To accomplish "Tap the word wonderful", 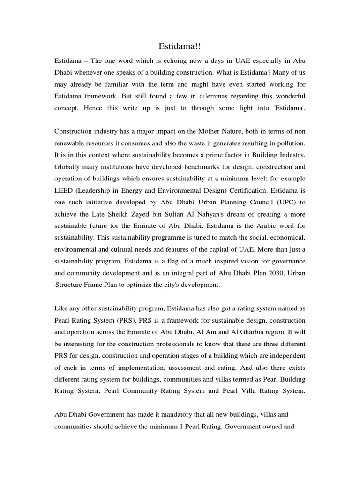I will pos(288,96).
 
